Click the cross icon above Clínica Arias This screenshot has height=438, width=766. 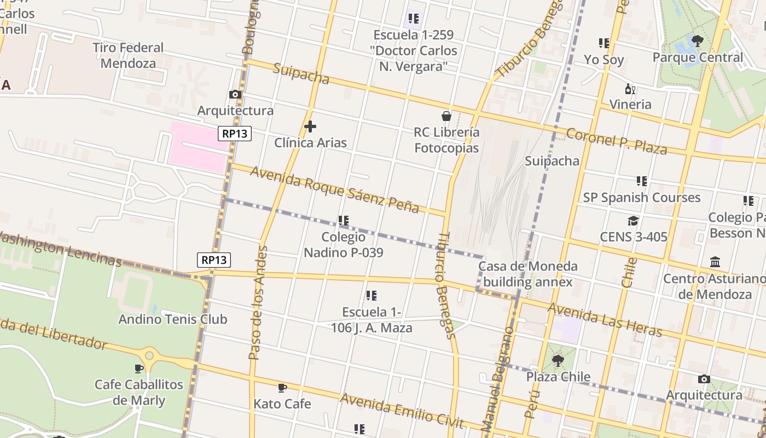[x=310, y=127]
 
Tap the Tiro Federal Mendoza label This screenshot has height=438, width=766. [x=128, y=55]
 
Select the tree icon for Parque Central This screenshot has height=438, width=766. [x=697, y=41]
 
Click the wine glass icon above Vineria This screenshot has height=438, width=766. [x=630, y=89]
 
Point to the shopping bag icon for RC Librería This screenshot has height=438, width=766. [x=446, y=116]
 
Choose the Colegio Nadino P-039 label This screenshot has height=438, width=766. [x=344, y=245]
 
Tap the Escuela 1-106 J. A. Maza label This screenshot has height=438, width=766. [x=372, y=320]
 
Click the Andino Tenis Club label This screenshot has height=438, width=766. [x=173, y=319]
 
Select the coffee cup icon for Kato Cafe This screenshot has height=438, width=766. [x=282, y=388]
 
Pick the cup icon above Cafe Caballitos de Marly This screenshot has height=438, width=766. [x=139, y=368]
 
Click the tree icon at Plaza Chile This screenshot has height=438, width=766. [x=558, y=361]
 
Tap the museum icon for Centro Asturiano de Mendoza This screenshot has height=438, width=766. [x=715, y=262]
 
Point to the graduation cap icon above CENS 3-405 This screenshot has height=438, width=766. [x=633, y=221]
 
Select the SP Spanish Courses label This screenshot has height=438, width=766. [x=641, y=197]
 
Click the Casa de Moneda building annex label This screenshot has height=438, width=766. [x=527, y=274]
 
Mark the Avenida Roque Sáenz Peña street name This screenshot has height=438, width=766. [x=335, y=189]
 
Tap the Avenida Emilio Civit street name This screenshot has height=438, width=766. [x=402, y=410]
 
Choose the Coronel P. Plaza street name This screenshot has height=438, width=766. [x=616, y=141]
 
